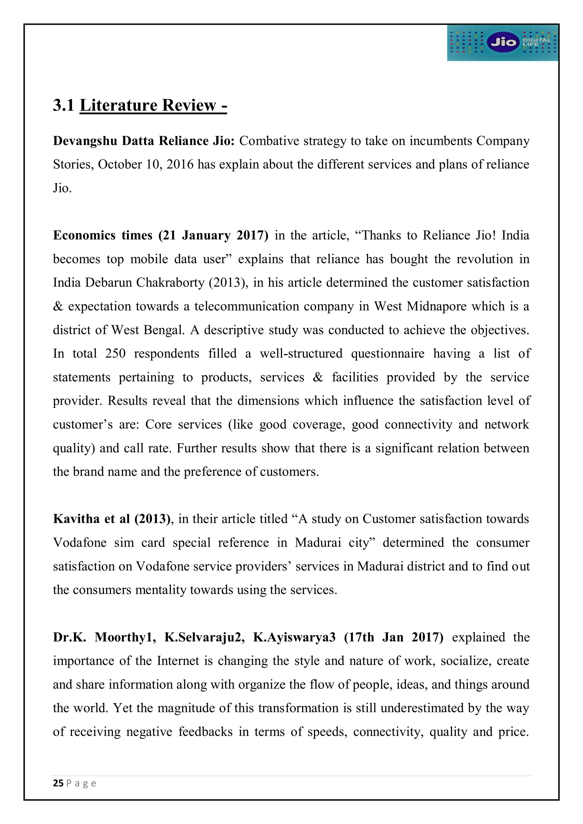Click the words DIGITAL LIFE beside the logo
point(536,42)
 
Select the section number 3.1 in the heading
point(63,106)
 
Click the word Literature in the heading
point(118,106)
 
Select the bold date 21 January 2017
point(213,235)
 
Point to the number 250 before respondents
point(115,353)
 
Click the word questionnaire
point(388,353)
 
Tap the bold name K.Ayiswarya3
point(294,637)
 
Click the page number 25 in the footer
point(58,783)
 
